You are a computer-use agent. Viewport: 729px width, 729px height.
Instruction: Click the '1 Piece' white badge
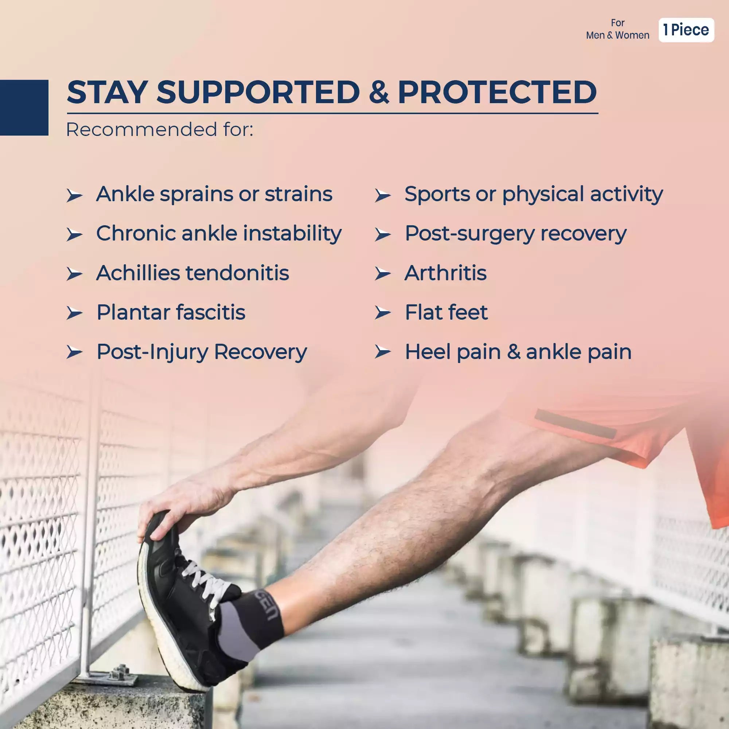click(686, 30)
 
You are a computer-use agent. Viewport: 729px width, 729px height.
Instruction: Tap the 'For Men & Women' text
click(617, 30)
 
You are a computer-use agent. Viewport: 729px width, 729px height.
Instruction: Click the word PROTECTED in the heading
click(497, 92)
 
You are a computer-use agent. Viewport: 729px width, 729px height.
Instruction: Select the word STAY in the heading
click(107, 92)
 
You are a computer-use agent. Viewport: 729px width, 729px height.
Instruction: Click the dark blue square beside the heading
click(24, 108)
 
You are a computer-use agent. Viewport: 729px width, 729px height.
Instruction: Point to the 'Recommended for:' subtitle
click(159, 129)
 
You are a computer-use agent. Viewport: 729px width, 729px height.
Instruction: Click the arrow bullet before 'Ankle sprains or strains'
click(74, 196)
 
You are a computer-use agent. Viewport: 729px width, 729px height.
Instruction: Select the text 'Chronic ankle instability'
click(219, 234)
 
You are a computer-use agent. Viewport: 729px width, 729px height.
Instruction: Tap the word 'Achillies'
click(138, 273)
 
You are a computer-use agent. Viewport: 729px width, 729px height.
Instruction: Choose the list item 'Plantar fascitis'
click(171, 312)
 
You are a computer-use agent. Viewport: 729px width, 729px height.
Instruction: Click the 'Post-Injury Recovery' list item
click(202, 352)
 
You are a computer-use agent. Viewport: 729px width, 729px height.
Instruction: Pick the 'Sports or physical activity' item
click(533, 194)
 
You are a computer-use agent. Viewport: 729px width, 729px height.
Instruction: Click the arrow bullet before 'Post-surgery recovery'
click(383, 235)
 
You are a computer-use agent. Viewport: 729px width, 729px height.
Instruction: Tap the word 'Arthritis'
click(445, 273)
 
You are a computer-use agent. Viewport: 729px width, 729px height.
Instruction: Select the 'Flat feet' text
click(446, 312)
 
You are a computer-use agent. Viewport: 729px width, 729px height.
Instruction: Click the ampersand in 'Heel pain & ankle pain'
click(514, 352)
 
